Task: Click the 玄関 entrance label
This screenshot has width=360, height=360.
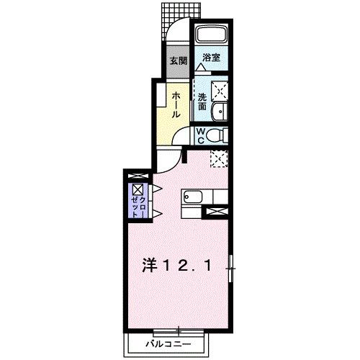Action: point(178,61)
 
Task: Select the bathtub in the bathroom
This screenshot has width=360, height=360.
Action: point(212,35)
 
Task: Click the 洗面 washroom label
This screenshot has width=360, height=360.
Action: point(203,101)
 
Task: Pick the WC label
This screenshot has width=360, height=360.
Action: point(203,135)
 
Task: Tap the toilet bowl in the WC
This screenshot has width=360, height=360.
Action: point(220,134)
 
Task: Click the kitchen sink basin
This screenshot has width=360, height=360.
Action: point(194,196)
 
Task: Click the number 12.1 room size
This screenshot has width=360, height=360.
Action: point(189,266)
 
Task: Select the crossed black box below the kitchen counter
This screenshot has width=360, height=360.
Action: point(216,211)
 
